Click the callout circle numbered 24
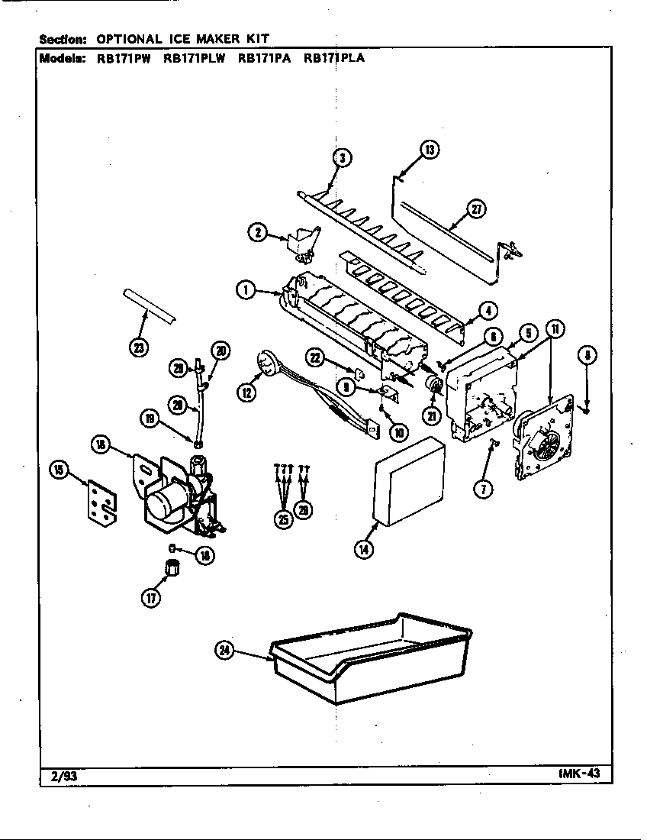pyautogui.click(x=224, y=651)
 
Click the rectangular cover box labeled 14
pyautogui.click(x=408, y=483)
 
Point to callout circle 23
pyautogui.click(x=138, y=349)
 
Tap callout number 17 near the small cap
pyautogui.click(x=151, y=599)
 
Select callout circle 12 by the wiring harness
pyautogui.click(x=246, y=393)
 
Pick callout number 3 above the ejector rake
pyautogui.click(x=343, y=158)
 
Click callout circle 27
pyautogui.click(x=477, y=209)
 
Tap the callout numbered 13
pyautogui.click(x=430, y=150)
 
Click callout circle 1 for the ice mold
pyautogui.click(x=245, y=289)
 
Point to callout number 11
pyautogui.click(x=556, y=330)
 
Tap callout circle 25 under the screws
pyautogui.click(x=283, y=519)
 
